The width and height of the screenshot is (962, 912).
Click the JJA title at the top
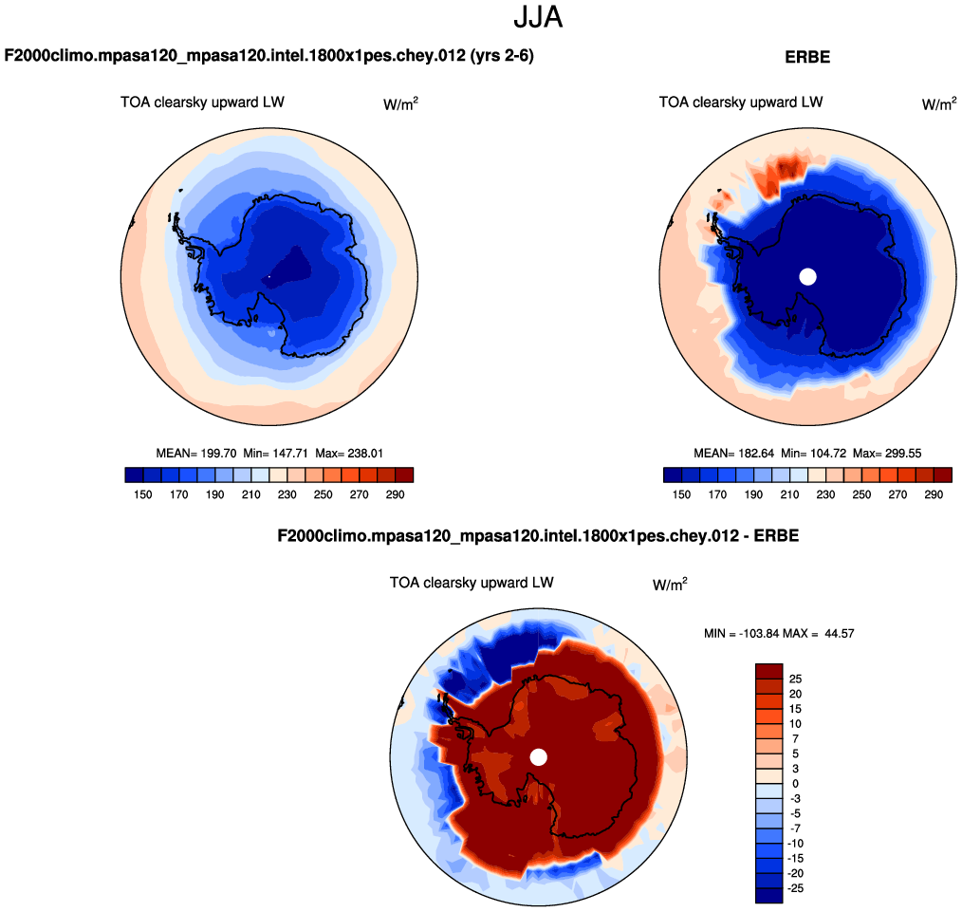click(x=538, y=17)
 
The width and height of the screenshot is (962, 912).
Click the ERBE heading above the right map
click(x=807, y=57)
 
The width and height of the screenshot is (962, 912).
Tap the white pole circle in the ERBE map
click(x=807, y=276)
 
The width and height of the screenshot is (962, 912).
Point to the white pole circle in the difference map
click(x=539, y=756)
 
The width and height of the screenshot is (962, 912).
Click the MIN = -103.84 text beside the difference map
click(x=743, y=633)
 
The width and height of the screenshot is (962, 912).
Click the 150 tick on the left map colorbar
click(x=143, y=494)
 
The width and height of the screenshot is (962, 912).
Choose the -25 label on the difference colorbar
click(x=796, y=888)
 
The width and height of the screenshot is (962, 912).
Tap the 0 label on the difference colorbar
click(x=794, y=784)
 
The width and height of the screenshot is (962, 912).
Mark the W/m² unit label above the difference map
click(x=670, y=585)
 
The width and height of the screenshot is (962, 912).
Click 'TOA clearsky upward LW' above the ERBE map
click(x=741, y=102)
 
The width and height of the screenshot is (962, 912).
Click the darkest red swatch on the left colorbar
click(x=404, y=475)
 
